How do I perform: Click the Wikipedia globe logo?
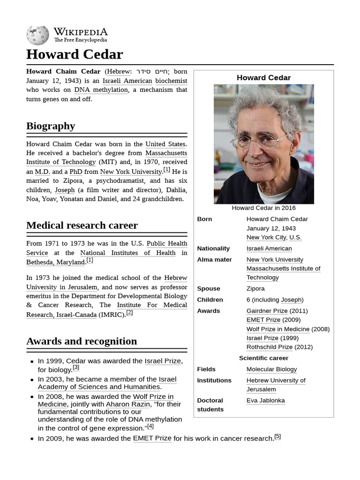tap(37, 35)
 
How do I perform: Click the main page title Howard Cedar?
tap(74, 54)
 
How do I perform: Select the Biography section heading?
tap(51, 126)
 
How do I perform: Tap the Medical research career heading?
tap(82, 225)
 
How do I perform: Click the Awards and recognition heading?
tap(82, 341)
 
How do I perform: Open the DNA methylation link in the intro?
tap(101, 90)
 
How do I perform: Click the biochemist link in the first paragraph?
tap(171, 81)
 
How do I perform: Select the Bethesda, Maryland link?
tap(55, 262)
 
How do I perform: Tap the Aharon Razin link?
tap(127, 404)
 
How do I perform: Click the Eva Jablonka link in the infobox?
tap(265, 400)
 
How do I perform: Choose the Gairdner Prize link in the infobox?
tap(267, 311)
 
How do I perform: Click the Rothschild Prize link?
tap(269, 347)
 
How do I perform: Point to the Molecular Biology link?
tap(271, 369)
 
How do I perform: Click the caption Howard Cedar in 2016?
tap(263, 208)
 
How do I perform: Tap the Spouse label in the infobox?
tap(209, 289)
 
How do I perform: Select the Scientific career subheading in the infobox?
tap(263, 358)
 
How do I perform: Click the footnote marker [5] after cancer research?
tap(277, 436)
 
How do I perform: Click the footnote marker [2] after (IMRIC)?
tap(129, 313)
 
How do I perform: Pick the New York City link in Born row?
tap(266, 237)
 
